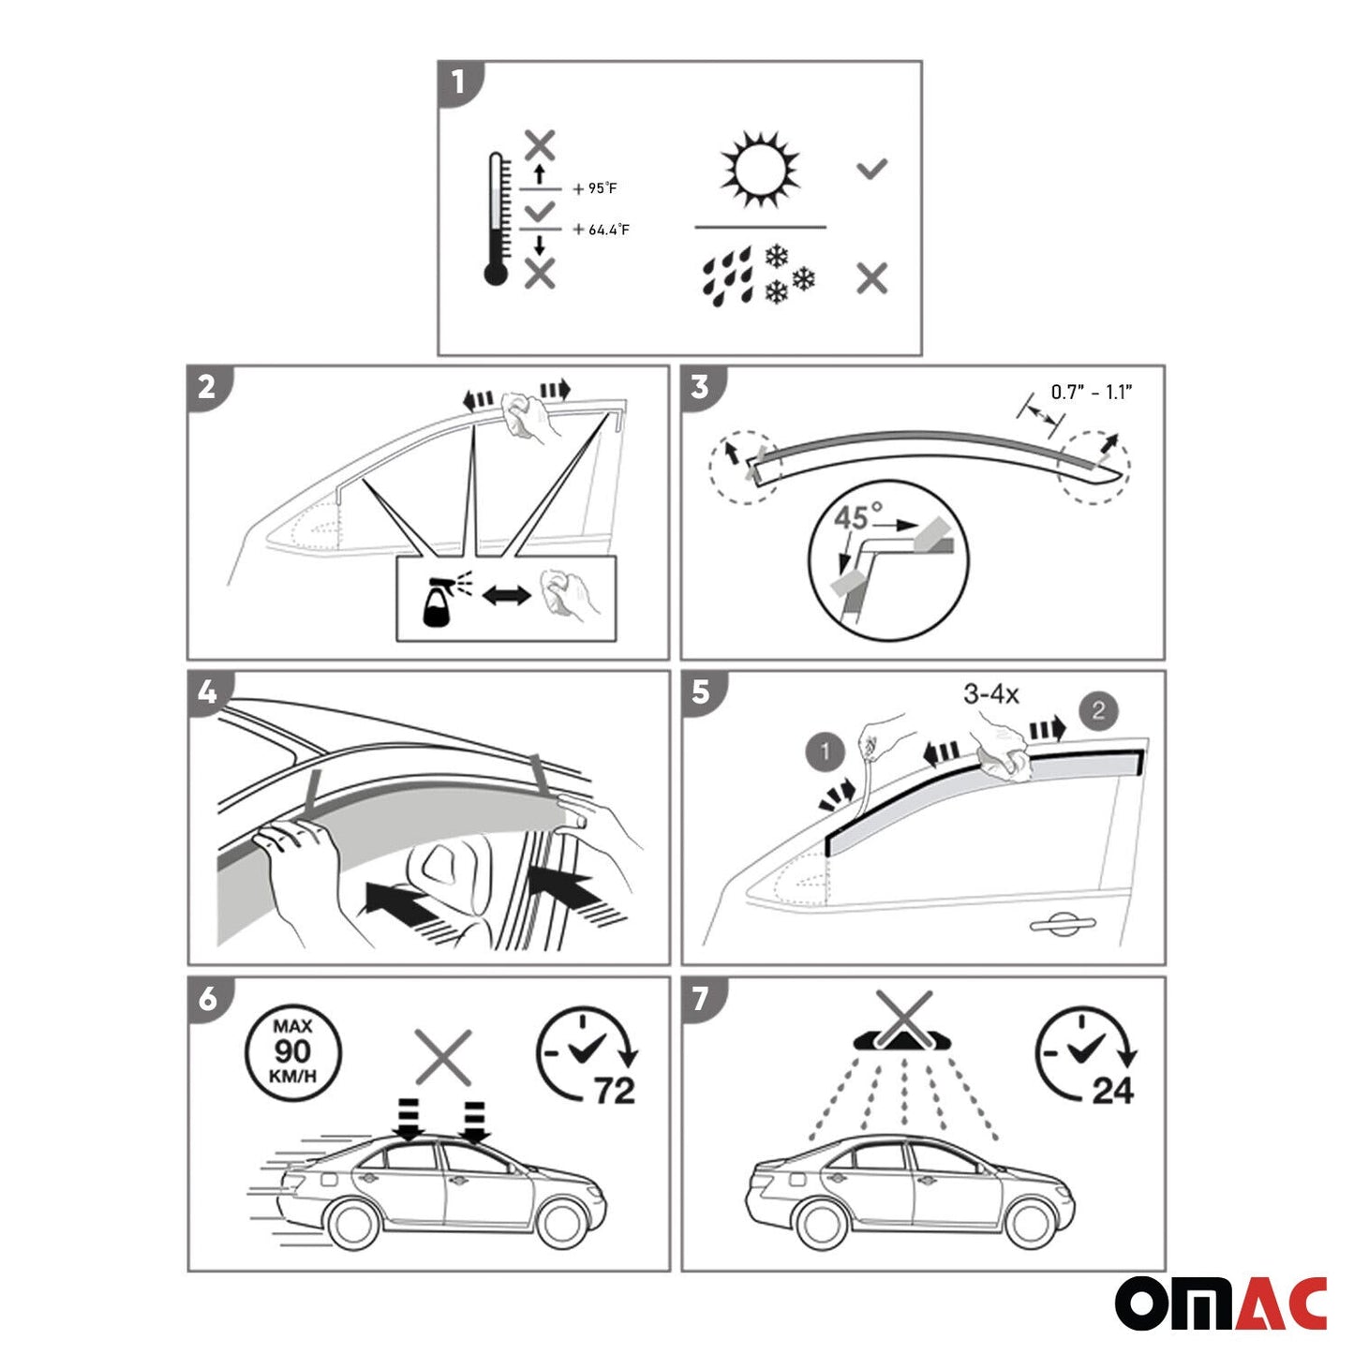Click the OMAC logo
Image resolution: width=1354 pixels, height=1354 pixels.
tap(1220, 1302)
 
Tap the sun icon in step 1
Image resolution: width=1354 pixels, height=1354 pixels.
tap(760, 170)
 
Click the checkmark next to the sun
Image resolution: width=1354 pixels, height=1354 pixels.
tap(871, 170)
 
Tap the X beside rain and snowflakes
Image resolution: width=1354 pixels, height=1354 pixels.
tap(871, 278)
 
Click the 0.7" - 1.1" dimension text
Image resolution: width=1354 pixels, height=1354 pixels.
tap(1091, 392)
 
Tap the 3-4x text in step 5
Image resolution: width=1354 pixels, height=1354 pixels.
tap(990, 694)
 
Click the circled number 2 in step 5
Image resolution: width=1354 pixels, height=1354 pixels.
tap(1098, 709)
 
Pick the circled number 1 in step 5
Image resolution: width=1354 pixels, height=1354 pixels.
tap(825, 751)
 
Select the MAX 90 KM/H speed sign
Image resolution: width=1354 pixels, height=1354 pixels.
tap(292, 1051)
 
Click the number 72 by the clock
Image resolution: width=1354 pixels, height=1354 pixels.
tap(615, 1090)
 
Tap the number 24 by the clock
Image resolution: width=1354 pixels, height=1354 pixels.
tap(1112, 1090)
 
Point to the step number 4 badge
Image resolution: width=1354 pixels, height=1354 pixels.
tap(207, 692)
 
